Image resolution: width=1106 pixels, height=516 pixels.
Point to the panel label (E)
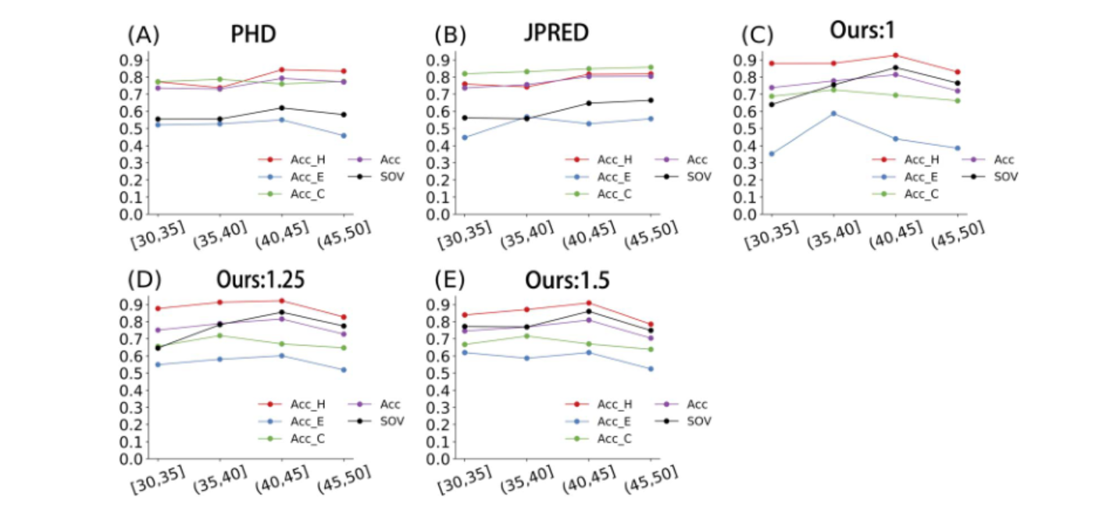[451, 279]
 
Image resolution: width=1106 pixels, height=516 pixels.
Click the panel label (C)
[757, 36]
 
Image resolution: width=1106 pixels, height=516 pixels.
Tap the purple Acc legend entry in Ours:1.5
[692, 404]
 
